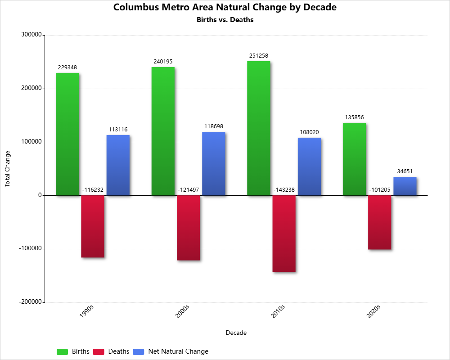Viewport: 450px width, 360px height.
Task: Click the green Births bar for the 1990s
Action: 67,134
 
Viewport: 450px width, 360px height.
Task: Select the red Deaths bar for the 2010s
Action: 284,234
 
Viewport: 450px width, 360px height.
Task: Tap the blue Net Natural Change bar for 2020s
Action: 405,186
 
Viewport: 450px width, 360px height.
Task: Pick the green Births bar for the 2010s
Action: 259,128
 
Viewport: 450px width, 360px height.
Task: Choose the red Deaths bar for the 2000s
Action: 188,228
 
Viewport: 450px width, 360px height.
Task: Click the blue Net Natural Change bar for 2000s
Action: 214,164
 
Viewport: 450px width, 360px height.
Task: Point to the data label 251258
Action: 259,56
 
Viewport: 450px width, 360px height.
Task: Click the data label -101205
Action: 380,190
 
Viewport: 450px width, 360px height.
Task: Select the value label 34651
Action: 405,171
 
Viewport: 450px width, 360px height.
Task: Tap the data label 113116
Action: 118,130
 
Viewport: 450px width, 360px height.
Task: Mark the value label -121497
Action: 188,190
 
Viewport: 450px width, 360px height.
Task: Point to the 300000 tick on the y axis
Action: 31,35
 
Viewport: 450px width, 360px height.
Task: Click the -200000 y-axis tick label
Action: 30,302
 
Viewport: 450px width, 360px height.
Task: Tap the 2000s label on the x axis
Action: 183,312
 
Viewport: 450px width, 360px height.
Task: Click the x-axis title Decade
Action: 236,333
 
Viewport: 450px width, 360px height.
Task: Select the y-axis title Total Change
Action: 7,169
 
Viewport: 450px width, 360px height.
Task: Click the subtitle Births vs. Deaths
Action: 225,20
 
